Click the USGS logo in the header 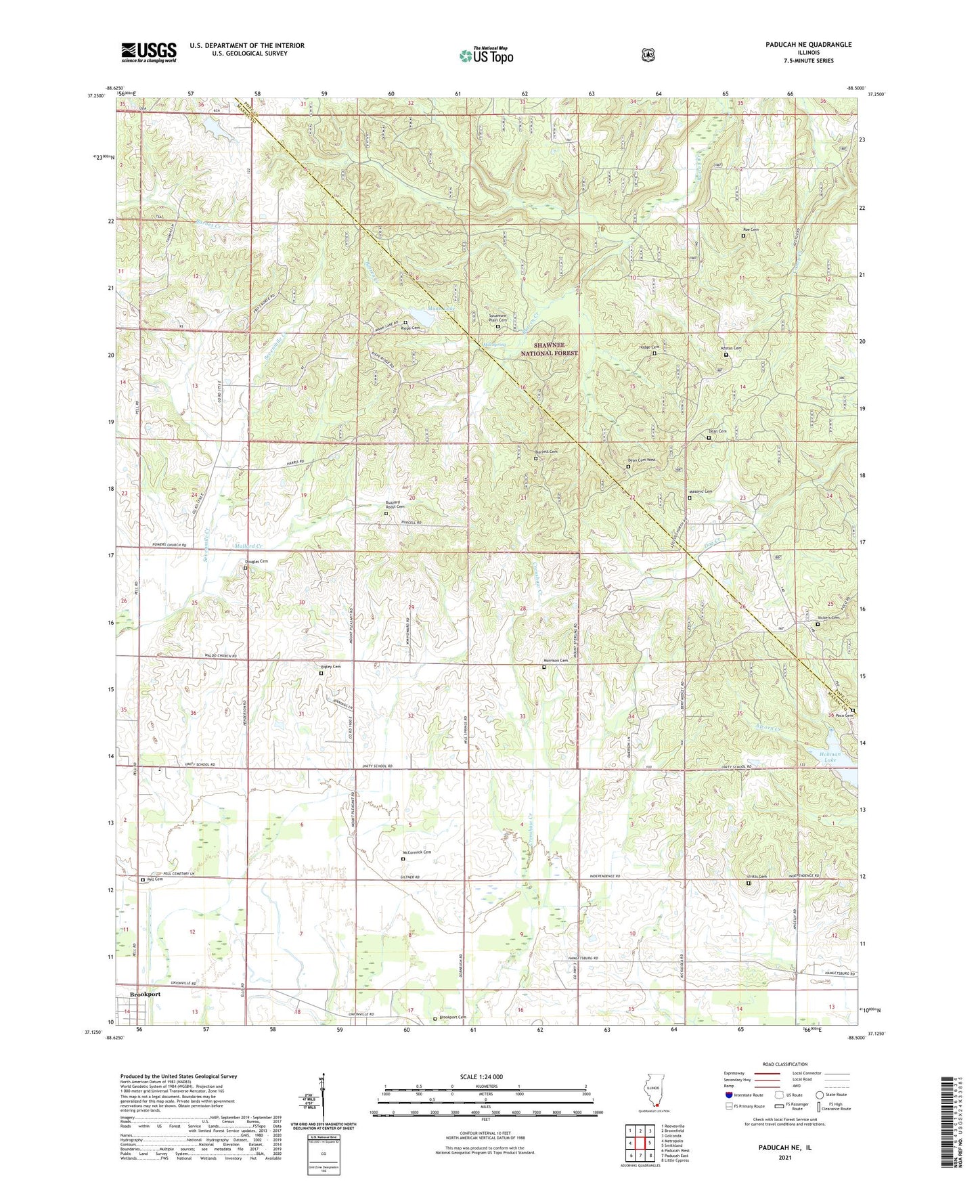[148, 52]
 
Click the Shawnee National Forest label [556, 349]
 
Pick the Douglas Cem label [256, 561]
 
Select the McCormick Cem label [417, 852]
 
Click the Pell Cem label [154, 879]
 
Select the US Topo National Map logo [486, 56]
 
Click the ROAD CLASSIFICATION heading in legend [784, 1065]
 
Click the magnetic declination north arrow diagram [322, 1100]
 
